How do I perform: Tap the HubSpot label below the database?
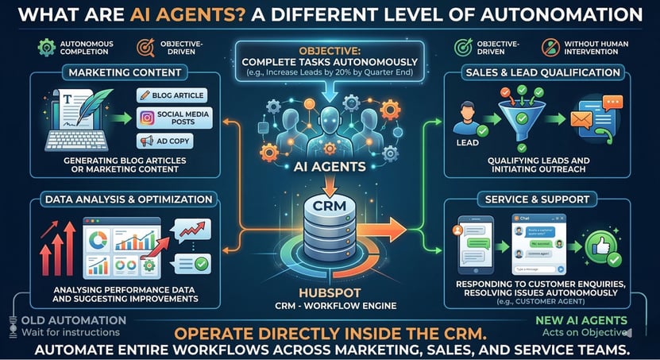(x=330, y=292)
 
